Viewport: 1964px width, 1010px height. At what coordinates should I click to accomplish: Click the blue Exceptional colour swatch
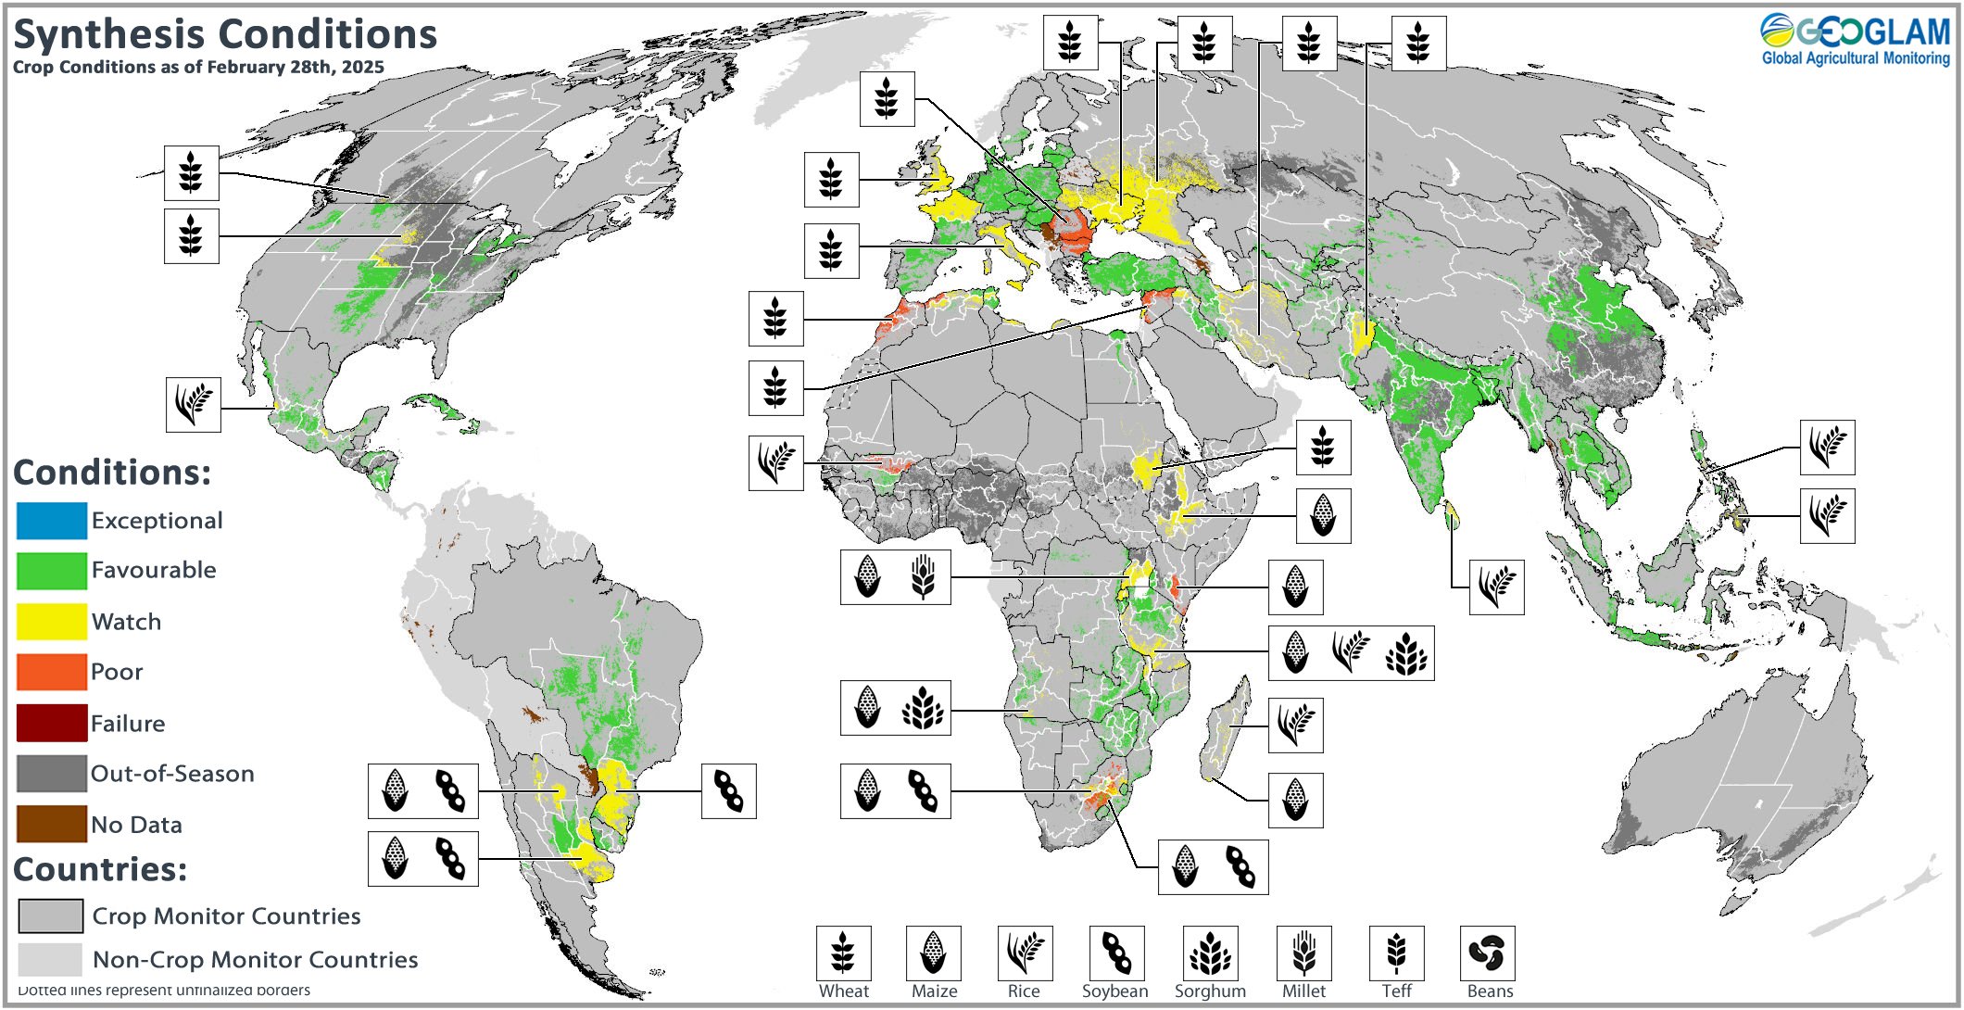click(x=52, y=521)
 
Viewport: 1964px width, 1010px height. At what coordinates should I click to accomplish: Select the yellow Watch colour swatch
click(x=52, y=621)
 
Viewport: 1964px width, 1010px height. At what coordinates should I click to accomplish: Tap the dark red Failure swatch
click(x=52, y=723)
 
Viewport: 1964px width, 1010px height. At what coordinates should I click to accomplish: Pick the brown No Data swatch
click(x=52, y=824)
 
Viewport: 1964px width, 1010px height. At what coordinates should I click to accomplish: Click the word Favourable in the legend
click(x=154, y=570)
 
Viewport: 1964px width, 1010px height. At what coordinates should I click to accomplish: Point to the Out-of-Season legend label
click(x=172, y=774)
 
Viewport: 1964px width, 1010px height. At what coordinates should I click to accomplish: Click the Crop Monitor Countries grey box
click(x=51, y=915)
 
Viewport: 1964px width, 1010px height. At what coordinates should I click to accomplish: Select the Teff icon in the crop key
click(x=1396, y=953)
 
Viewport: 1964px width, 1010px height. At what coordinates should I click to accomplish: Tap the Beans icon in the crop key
click(x=1487, y=953)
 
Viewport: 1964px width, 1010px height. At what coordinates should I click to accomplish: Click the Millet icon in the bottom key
click(x=1303, y=953)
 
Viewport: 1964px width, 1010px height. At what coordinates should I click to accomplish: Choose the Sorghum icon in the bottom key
click(x=1210, y=953)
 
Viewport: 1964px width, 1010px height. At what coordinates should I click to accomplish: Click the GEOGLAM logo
click(x=1855, y=40)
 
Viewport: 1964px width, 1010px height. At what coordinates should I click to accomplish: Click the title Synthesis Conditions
click(x=224, y=34)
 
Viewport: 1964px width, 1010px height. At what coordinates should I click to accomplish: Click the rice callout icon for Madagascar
click(x=1295, y=725)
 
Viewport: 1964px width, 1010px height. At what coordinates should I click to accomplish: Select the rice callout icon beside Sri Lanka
click(x=1496, y=587)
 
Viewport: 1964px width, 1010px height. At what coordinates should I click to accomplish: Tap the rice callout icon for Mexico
click(x=193, y=404)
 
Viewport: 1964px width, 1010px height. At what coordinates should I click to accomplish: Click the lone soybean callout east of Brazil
click(x=728, y=791)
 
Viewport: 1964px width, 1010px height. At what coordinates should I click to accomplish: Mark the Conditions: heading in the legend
click(x=112, y=473)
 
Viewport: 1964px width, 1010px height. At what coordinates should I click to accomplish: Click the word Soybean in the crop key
click(x=1114, y=991)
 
